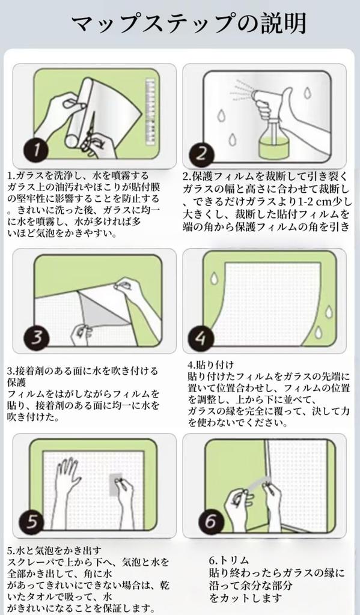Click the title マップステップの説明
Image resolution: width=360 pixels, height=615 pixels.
point(189,23)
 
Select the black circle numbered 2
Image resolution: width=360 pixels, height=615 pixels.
point(201,153)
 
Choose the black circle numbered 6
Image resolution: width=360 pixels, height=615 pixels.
point(211,521)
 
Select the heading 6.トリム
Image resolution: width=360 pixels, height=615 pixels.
point(229,560)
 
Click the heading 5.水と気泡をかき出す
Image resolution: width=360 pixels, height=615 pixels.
point(55,551)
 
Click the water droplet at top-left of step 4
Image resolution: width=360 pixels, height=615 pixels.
point(214,278)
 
